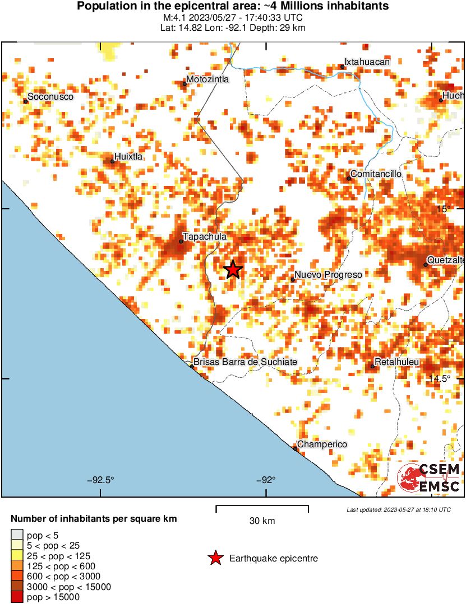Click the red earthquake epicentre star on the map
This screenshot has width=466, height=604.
coord(233,270)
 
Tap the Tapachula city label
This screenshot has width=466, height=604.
coord(204,237)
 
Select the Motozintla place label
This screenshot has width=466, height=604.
coord(207,79)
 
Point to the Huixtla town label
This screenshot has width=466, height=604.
coord(128,157)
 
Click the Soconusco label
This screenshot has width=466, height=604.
coord(50,97)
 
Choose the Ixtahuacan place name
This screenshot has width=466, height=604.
coord(367,62)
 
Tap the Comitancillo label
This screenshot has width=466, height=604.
coord(376,174)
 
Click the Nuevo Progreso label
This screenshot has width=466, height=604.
coord(328,275)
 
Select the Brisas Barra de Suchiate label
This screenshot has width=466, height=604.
coord(245,362)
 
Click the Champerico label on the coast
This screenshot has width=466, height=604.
coord(322,444)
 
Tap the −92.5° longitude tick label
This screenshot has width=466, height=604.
coord(101,480)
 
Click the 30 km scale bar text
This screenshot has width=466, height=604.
coord(262,521)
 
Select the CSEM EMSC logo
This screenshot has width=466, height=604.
coord(428,477)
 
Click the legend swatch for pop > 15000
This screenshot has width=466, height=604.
coord(17,597)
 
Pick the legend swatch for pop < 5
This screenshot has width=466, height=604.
coord(17,536)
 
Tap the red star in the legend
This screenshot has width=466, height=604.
coord(215,558)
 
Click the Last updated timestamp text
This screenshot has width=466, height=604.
coord(398,509)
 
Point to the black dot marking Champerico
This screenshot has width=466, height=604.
coord(295,448)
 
